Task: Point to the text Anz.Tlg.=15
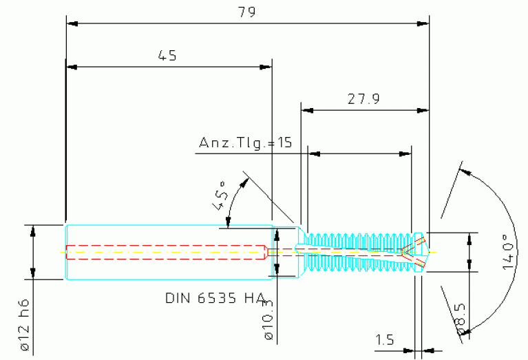click(246, 143)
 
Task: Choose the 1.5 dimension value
click(385, 339)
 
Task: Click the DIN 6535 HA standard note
click(215, 298)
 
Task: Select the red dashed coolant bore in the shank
click(165, 246)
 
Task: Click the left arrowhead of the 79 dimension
click(71, 23)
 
